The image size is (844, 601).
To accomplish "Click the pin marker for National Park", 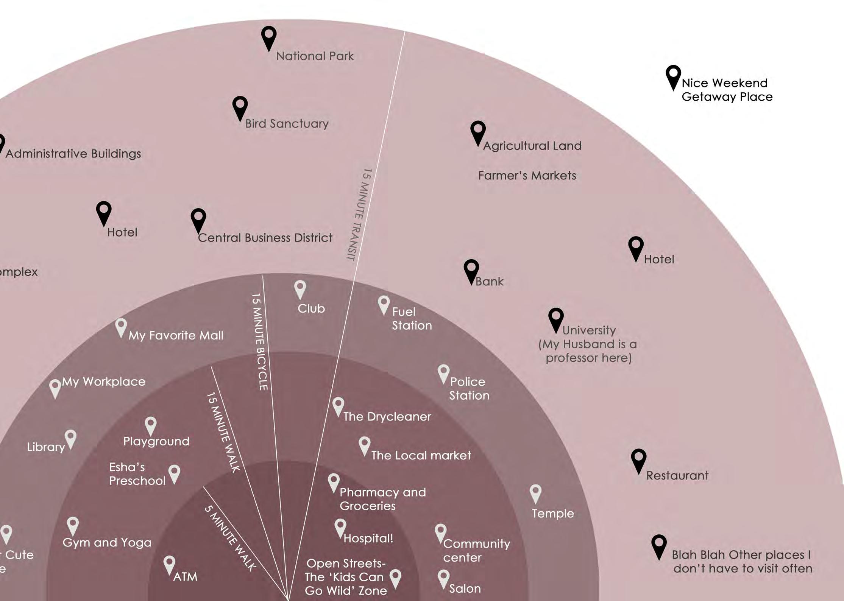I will (x=269, y=37).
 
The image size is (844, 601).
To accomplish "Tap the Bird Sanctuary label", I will (x=287, y=124).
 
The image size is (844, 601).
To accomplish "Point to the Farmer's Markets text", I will (x=527, y=176).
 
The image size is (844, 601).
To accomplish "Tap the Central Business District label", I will (x=265, y=238).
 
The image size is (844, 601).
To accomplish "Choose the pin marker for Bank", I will (x=471, y=270).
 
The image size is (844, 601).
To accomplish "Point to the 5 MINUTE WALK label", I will (x=230, y=538).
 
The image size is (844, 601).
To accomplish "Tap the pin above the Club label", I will (x=300, y=288).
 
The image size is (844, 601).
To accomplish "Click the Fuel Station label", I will (x=412, y=319).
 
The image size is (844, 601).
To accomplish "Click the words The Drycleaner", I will (x=387, y=417).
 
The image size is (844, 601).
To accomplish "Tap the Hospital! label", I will (x=368, y=538).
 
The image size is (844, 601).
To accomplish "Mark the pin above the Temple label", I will (x=535, y=493).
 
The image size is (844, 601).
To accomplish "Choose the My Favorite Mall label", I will (x=176, y=336).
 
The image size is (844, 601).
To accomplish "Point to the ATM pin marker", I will (x=169, y=564).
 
